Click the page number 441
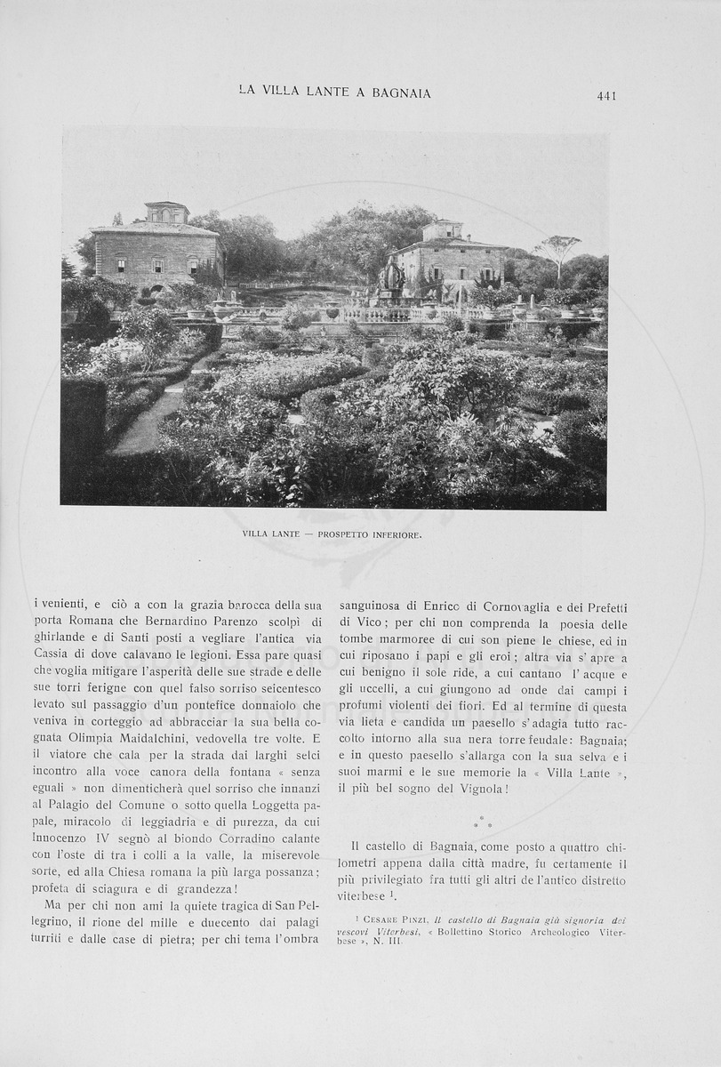[x=606, y=95]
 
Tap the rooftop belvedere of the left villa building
[x=166, y=212]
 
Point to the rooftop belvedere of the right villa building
[x=442, y=229]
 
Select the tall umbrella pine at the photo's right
[x=558, y=249]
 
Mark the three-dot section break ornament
[x=483, y=822]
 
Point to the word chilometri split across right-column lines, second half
[x=367, y=863]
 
